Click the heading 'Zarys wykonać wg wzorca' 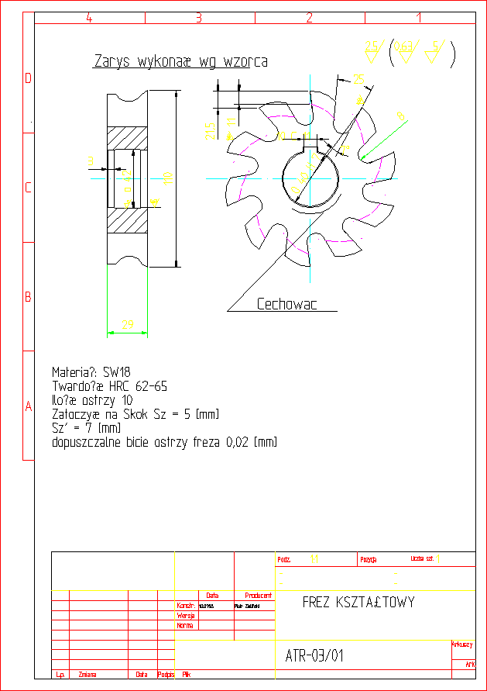[181, 61]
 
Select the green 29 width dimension [127, 323]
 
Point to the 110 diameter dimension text [166, 178]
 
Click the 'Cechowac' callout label [286, 305]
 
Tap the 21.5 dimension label [210, 132]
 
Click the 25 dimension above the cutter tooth [358, 78]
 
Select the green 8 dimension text [400, 116]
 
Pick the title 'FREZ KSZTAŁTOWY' [358, 603]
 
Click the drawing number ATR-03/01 [310, 656]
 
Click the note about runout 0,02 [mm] [163, 442]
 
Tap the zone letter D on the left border [28, 78]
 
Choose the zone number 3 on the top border [198, 18]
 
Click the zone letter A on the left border [28, 406]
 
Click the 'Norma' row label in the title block [185, 624]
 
